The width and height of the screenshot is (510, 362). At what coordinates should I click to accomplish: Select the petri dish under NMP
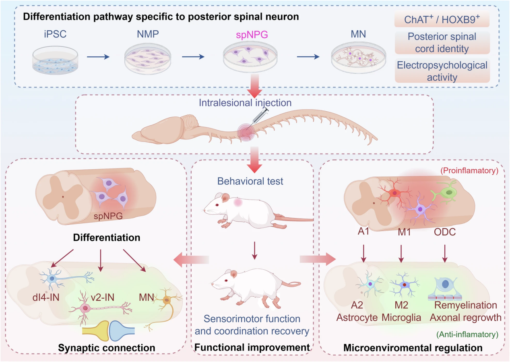(x=147, y=59)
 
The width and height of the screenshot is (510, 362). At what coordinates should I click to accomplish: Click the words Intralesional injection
(x=245, y=103)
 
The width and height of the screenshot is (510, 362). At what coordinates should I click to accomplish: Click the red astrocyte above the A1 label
(x=394, y=193)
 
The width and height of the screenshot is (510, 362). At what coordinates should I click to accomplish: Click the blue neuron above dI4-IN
(x=53, y=279)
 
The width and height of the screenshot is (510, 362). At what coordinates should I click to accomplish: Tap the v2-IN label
(x=103, y=298)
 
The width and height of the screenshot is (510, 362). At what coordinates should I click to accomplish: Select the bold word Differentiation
(x=107, y=237)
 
